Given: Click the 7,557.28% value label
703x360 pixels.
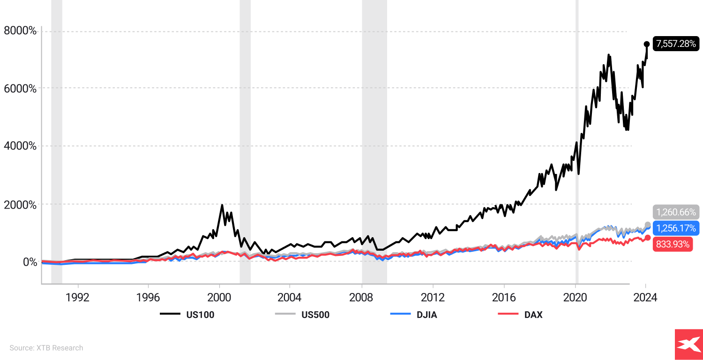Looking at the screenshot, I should pyautogui.click(x=676, y=44).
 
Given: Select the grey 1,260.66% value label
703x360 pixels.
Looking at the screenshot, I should pyautogui.click(x=676, y=212).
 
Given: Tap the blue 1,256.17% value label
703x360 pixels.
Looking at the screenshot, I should pyautogui.click(x=676, y=228).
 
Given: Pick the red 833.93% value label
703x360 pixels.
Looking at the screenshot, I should pyautogui.click(x=672, y=244).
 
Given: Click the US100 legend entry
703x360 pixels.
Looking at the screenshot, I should pyautogui.click(x=187, y=315).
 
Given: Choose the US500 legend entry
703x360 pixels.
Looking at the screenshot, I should pyautogui.click(x=302, y=315).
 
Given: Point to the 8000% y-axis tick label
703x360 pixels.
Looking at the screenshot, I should pyautogui.click(x=20, y=31).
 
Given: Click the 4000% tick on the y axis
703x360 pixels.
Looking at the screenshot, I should pyautogui.click(x=20, y=146).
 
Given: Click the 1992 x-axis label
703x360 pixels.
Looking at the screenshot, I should pyautogui.click(x=77, y=298).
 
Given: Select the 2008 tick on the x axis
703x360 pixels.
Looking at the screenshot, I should pyautogui.click(x=361, y=298).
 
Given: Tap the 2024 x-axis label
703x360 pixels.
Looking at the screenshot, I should pyautogui.click(x=645, y=298).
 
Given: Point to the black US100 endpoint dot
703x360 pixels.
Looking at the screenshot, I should pyautogui.click(x=647, y=44).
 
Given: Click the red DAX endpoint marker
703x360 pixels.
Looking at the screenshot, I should pyautogui.click(x=648, y=238).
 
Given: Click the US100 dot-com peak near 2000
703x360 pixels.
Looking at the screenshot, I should pyautogui.click(x=222, y=205).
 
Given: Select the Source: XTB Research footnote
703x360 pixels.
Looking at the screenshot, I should pyautogui.click(x=46, y=348).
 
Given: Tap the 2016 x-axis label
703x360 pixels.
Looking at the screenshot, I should pyautogui.click(x=504, y=298).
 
